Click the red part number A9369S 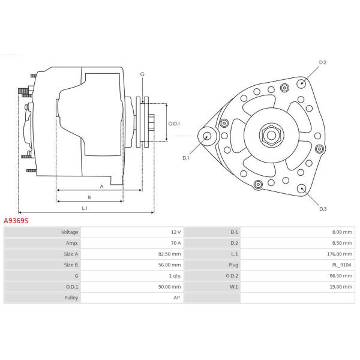point(16,221)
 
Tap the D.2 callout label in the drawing point(323,62)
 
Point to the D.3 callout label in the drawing point(323,209)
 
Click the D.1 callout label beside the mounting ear point(186,158)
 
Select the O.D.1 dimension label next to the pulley point(174,124)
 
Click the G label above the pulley point(142,74)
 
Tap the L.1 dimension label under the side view point(85,208)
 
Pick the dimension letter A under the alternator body point(102,187)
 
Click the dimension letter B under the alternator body point(89,197)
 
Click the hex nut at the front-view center point(271,135)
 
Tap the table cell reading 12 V point(176,232)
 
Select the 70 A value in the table point(176,243)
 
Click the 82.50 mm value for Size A point(169,254)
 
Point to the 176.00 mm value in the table point(340,254)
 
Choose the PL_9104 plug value point(341,265)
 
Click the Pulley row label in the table point(71,298)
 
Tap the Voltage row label point(70,232)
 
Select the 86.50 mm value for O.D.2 point(341,276)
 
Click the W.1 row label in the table point(234,287)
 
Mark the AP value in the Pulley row point(176,298)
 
